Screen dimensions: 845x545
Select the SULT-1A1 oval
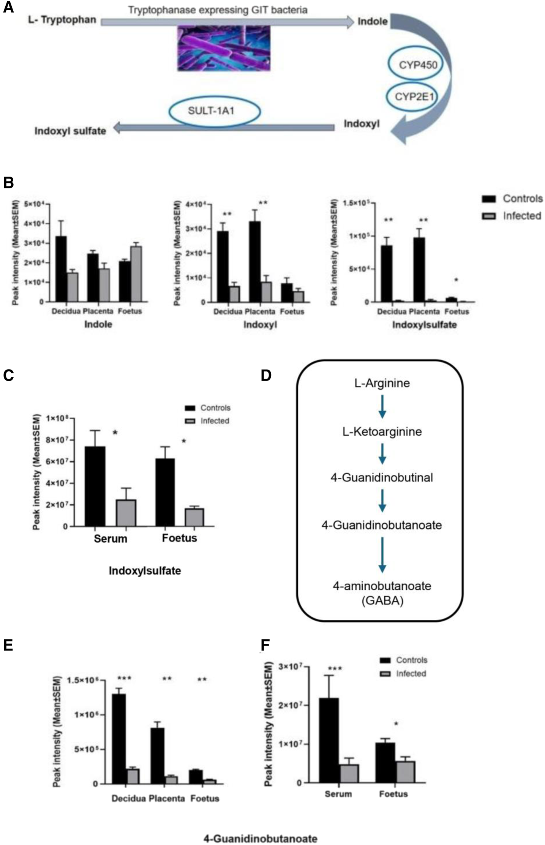(x=215, y=112)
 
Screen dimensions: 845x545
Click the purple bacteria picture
(x=224, y=48)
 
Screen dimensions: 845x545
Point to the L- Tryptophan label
(x=62, y=20)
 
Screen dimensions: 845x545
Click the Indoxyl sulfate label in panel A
(x=70, y=131)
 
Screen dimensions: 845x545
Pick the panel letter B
(x=8, y=183)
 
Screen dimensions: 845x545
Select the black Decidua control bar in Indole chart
(x=61, y=269)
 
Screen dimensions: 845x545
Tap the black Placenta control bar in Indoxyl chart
(x=255, y=262)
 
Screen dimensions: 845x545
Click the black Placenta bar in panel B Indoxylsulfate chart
(x=419, y=270)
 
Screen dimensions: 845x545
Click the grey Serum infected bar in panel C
(x=126, y=513)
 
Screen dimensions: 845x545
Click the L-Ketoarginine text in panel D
(x=382, y=431)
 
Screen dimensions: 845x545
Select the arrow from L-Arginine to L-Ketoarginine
(x=382, y=407)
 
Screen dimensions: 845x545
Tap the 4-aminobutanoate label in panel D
(x=382, y=586)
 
